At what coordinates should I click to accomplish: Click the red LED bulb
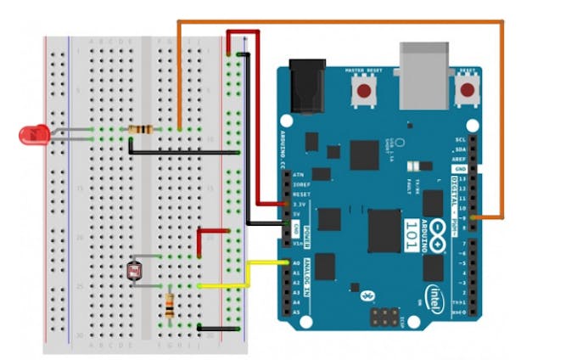tap(33, 133)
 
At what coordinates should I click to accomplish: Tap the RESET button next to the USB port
tap(465, 89)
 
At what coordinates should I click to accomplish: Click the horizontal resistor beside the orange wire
tap(140, 130)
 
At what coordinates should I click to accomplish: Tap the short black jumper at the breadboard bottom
tap(214, 326)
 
